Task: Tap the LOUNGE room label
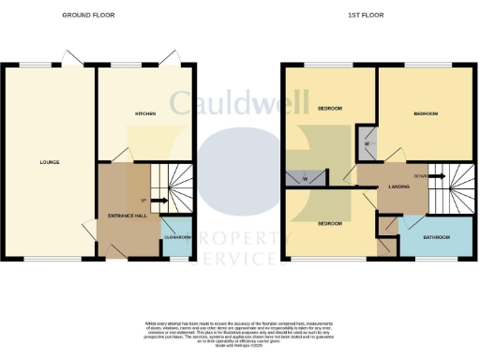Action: [50, 162]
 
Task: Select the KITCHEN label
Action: [145, 113]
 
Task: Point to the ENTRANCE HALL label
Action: [128, 216]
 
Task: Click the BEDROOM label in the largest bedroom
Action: [426, 113]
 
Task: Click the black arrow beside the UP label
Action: [160, 200]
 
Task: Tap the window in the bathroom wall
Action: [433, 259]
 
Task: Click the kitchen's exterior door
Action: [170, 60]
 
